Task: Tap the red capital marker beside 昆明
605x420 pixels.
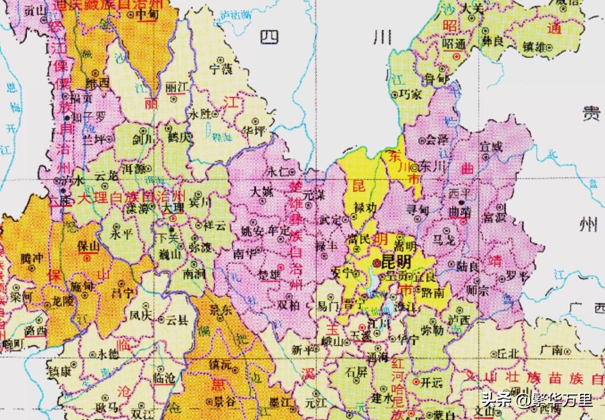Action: (x=376, y=262)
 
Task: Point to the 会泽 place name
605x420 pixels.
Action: (x=435, y=140)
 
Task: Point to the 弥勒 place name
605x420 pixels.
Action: (x=432, y=328)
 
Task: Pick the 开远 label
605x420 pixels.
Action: (x=432, y=383)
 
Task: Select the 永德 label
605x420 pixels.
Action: (x=109, y=353)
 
